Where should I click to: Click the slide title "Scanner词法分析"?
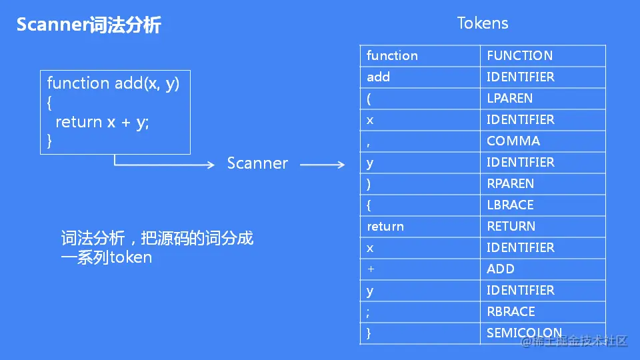pyautogui.click(x=89, y=25)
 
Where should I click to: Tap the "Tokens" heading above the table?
pyautogui.click(x=483, y=23)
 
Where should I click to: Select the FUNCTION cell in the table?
pyautogui.click(x=519, y=56)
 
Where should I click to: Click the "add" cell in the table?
pyautogui.click(x=378, y=77)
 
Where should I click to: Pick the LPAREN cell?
pyautogui.click(x=509, y=99)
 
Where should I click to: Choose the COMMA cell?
pyautogui.click(x=513, y=141)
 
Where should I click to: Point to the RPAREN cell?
pyautogui.click(x=510, y=184)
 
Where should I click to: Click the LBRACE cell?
pyautogui.click(x=510, y=205)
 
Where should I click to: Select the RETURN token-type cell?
pyautogui.click(x=511, y=227)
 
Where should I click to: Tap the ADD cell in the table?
pyautogui.click(x=500, y=269)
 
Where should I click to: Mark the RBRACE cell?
pyautogui.click(x=511, y=312)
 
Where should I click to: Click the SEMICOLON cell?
pyautogui.click(x=524, y=333)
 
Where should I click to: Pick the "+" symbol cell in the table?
pyautogui.click(x=371, y=269)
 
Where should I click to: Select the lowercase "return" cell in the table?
pyautogui.click(x=385, y=227)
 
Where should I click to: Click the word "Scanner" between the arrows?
pyautogui.click(x=257, y=164)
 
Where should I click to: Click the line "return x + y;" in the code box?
pyautogui.click(x=102, y=123)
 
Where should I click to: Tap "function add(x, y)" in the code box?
pyautogui.click(x=113, y=83)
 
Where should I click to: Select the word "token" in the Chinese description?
pyautogui.click(x=131, y=257)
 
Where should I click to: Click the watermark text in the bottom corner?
pyautogui.click(x=575, y=341)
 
